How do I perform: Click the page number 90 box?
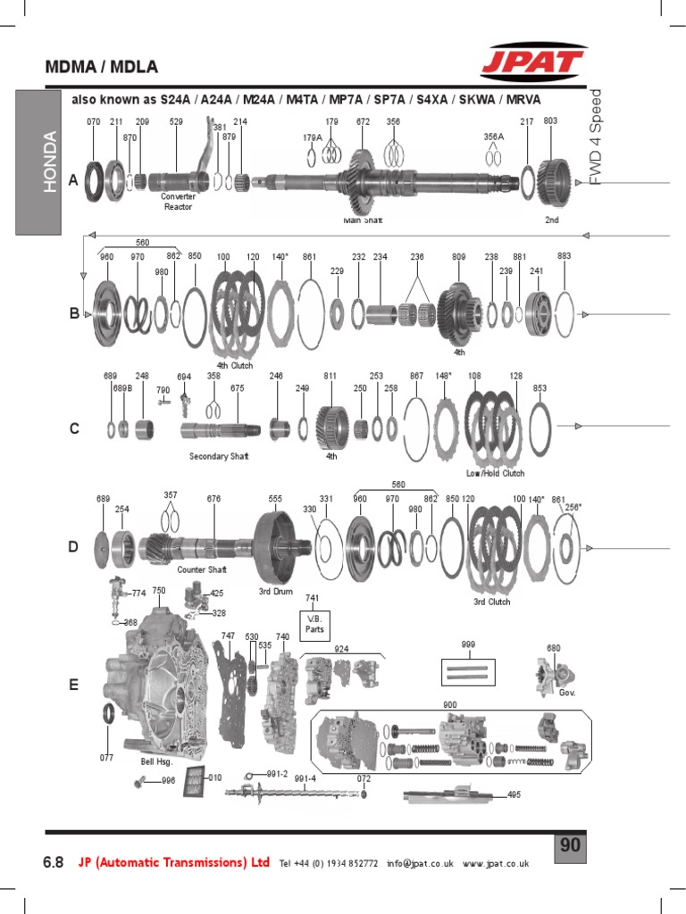[571, 845]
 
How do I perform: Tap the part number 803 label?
[550, 120]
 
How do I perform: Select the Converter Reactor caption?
[178, 202]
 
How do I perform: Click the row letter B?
[75, 313]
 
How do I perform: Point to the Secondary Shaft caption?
[219, 456]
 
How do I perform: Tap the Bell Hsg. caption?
[155, 763]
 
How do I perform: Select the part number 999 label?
[467, 644]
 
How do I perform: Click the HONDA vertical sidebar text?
[50, 162]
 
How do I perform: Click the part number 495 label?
[514, 794]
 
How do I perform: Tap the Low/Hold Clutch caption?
[495, 473]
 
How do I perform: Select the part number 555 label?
[275, 499]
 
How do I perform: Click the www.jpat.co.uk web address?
[496, 863]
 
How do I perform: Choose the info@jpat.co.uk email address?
[421, 863]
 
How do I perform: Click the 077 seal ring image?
[107, 715]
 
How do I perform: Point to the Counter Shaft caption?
[202, 569]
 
